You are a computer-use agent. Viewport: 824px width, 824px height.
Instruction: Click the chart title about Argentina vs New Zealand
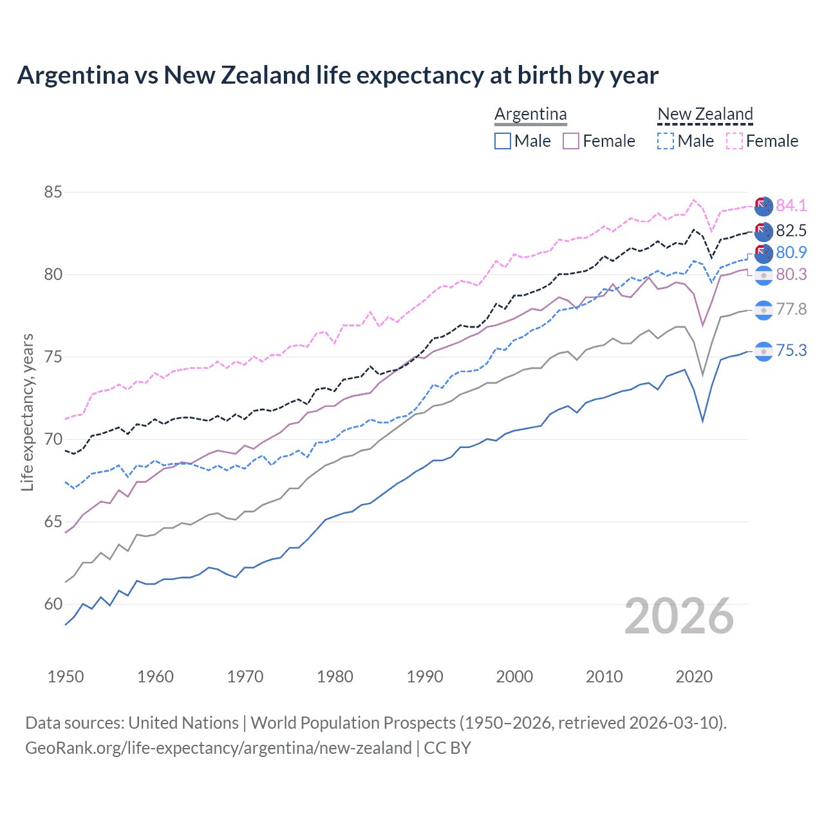click(x=337, y=75)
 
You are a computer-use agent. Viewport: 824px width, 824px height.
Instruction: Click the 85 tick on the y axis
click(x=53, y=192)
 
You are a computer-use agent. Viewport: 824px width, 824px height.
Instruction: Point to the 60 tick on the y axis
click(x=53, y=604)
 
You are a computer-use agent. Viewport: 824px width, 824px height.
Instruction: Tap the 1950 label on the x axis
click(x=66, y=677)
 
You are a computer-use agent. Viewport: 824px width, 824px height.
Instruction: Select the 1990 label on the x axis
click(x=425, y=677)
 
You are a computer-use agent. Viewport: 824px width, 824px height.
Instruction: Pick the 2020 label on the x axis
click(x=694, y=677)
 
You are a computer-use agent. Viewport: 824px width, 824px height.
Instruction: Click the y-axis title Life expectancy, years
click(x=27, y=412)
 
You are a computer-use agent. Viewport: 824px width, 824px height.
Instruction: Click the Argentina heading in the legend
click(x=530, y=114)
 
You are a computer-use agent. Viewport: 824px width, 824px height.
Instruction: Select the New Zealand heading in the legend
click(x=705, y=114)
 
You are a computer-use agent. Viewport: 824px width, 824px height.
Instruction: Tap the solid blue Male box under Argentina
click(x=503, y=141)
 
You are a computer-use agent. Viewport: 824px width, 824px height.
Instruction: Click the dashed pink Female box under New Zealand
click(x=735, y=141)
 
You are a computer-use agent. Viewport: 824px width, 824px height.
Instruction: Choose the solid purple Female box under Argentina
click(x=571, y=141)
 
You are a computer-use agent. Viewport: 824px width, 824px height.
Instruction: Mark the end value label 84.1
click(x=791, y=205)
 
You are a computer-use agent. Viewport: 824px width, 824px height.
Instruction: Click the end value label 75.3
click(x=791, y=350)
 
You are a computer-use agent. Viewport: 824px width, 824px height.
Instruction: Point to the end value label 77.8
click(x=791, y=310)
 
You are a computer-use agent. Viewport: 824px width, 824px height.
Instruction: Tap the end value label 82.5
click(x=791, y=230)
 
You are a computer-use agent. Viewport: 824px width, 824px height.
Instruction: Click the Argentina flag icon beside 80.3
click(x=763, y=275)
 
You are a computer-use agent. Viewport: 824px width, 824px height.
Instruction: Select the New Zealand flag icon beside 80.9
click(x=763, y=253)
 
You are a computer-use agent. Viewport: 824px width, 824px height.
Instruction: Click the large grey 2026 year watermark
click(x=679, y=616)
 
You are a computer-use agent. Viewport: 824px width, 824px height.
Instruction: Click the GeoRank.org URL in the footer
click(x=218, y=748)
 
